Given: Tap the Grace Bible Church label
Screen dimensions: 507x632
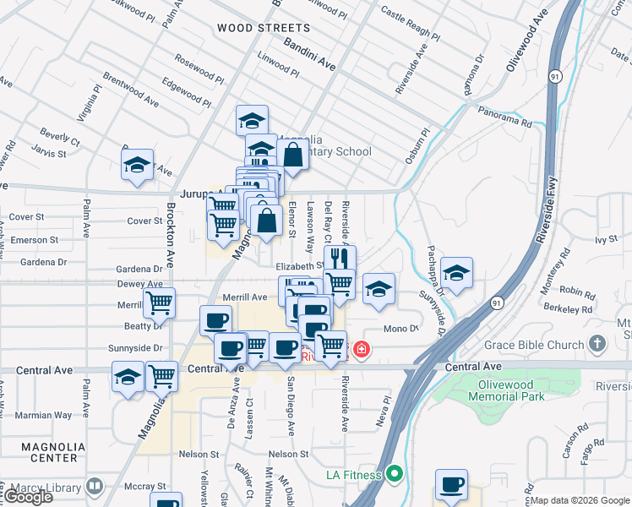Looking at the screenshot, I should point(535,345).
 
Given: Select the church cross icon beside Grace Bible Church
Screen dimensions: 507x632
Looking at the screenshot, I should point(598,344).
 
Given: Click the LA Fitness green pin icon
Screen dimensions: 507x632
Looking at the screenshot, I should point(394,475).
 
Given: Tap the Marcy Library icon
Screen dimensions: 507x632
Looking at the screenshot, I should point(94,487).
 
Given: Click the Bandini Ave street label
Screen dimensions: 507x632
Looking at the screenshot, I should point(309,54).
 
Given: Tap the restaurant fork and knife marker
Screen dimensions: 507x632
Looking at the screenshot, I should point(340,257).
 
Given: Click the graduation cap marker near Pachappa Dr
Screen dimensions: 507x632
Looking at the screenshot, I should point(456,272).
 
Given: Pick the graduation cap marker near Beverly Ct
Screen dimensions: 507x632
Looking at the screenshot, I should point(136,165).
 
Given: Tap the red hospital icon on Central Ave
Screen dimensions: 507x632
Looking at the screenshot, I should point(362,348).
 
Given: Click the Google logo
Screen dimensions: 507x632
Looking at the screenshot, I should point(27,497).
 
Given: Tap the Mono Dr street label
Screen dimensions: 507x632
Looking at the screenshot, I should point(400,328).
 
